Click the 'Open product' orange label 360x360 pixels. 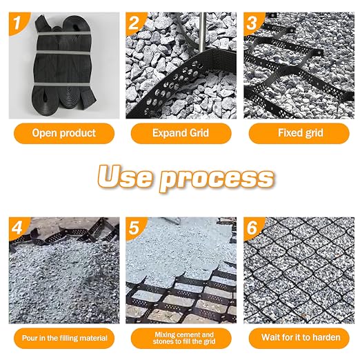point(64,133)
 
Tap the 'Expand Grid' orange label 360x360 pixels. point(181,133)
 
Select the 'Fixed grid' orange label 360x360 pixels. point(299,133)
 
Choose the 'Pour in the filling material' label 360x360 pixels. point(64,338)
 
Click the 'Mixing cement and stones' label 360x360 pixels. point(181,338)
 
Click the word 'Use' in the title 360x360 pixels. point(125,177)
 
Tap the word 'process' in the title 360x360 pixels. point(217,180)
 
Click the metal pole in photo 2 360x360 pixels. point(202,32)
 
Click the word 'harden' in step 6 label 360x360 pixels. point(326,337)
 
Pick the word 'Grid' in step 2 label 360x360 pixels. point(199,133)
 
